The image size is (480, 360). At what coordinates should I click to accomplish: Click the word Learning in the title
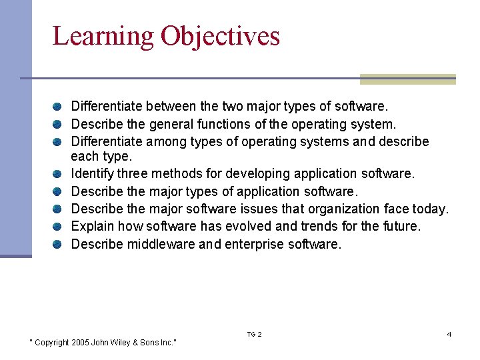pyautogui.click(x=103, y=36)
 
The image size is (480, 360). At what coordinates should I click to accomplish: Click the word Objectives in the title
pyautogui.click(x=220, y=36)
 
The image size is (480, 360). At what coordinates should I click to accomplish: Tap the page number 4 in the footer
pyautogui.click(x=449, y=334)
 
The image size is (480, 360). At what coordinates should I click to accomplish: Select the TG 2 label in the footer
pyautogui.click(x=254, y=334)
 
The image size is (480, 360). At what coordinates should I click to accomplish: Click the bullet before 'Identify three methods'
pyautogui.click(x=59, y=174)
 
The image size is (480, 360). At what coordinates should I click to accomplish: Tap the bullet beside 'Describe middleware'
pyautogui.click(x=59, y=245)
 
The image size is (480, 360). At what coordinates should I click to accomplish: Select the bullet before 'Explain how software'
pyautogui.click(x=59, y=227)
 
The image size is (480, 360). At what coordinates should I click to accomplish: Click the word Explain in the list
pyautogui.click(x=91, y=227)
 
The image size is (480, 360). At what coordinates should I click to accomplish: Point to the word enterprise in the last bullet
pyautogui.click(x=254, y=245)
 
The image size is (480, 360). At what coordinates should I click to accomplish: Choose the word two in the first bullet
pyautogui.click(x=232, y=106)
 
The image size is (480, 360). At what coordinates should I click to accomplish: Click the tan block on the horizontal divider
pyautogui.click(x=407, y=79)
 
